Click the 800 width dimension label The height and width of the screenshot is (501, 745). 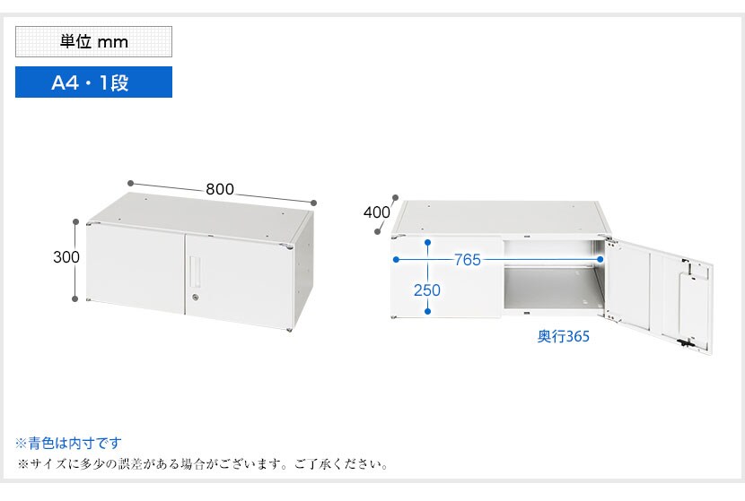pyautogui.click(x=220, y=189)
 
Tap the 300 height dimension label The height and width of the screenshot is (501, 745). pyautogui.click(x=66, y=256)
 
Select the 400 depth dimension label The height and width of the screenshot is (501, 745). pyautogui.click(x=377, y=212)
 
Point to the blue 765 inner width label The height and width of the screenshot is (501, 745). pyautogui.click(x=468, y=260)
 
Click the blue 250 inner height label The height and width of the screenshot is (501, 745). pyautogui.click(x=426, y=289)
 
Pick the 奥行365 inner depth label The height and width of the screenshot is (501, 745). pyautogui.click(x=563, y=336)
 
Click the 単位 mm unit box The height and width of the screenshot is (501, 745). pyautogui.click(x=93, y=42)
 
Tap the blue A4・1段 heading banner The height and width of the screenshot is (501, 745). pyautogui.click(x=93, y=82)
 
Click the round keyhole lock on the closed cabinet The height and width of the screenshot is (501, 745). pyautogui.click(x=196, y=297)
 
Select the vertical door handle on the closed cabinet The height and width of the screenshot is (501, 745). pyautogui.click(x=195, y=271)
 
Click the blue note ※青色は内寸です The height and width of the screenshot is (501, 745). pyautogui.click(x=68, y=443)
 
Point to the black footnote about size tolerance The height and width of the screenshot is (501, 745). pyautogui.click(x=204, y=463)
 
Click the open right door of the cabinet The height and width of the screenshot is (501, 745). pyautogui.click(x=658, y=294)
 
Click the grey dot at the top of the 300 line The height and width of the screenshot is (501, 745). pyautogui.click(x=75, y=221)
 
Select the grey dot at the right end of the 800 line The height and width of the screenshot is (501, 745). pyautogui.click(x=313, y=203)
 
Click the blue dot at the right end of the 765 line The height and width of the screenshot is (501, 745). pyautogui.click(x=600, y=260)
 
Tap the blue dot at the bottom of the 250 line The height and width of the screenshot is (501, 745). pyautogui.click(x=428, y=311)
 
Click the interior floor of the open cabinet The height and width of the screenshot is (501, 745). pyautogui.click(x=551, y=289)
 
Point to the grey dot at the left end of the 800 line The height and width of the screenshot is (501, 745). pyautogui.click(x=130, y=183)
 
